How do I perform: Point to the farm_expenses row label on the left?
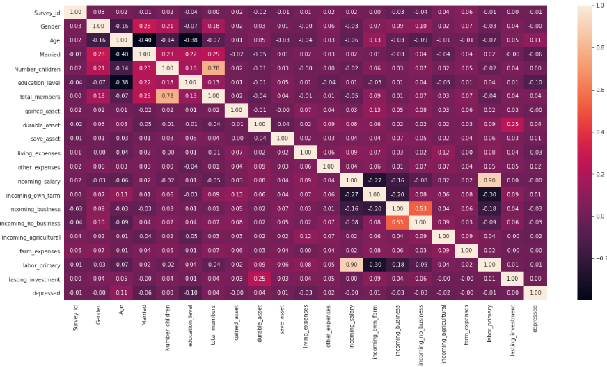[39, 251]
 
